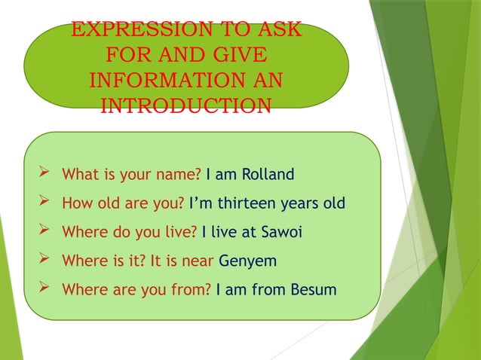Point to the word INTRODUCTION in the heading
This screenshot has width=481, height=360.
185,105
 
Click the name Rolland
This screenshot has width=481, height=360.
267,175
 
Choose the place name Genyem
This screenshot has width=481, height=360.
247,261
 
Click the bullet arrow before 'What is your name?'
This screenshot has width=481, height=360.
44,174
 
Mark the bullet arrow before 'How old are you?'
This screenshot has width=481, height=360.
44,203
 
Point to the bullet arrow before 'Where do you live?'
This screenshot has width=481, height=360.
44,231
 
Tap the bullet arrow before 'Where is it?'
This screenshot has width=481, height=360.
44,260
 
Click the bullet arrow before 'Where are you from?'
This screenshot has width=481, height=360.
44,288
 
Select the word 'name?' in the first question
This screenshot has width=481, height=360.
181,175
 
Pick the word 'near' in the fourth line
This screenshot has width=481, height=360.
198,261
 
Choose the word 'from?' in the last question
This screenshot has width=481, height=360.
191,289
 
